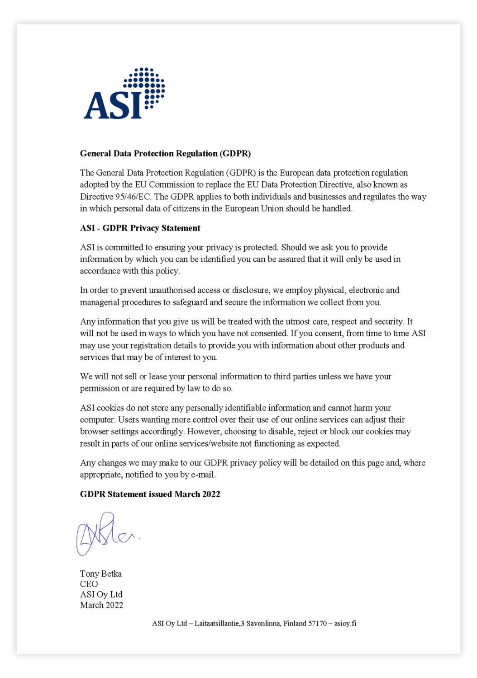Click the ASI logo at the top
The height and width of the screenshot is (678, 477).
(124, 94)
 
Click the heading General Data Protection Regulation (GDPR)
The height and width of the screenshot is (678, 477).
(165, 154)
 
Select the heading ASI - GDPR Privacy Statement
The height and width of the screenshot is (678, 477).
(140, 228)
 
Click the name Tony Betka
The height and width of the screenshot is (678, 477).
(100, 574)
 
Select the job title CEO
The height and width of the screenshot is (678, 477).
(89, 584)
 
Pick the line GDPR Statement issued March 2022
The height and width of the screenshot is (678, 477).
(150, 494)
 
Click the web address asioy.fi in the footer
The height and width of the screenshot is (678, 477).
(345, 624)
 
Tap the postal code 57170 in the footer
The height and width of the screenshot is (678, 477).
(317, 624)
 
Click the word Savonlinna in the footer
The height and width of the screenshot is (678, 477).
(263, 624)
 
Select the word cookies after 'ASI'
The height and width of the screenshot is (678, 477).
(111, 408)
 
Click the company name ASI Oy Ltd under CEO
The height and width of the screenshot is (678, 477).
(101, 594)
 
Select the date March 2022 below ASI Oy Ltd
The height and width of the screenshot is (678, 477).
(101, 605)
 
